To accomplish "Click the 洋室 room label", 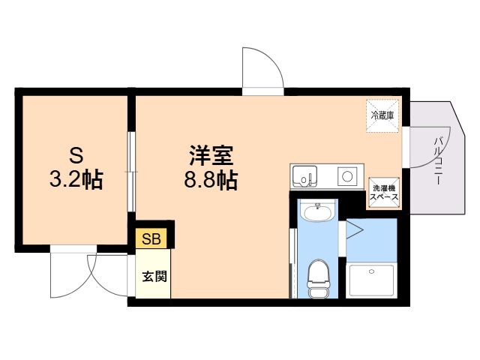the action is point(211,155).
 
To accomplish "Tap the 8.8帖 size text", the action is point(211,181).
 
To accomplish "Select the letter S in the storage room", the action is point(76,155).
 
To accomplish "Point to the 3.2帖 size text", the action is point(76,179).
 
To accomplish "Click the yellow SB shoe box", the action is point(151,238).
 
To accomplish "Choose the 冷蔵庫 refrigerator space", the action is point(382,115).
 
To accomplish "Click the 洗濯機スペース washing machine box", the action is point(384,193).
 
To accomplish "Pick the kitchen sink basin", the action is point(304,176).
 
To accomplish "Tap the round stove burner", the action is point(347,176).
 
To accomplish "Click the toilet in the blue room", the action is point(318,278).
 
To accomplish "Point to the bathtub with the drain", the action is point(372,280).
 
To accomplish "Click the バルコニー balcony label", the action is point(438,161).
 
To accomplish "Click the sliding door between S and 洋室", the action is point(131,172).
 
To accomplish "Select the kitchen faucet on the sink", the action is point(310,179).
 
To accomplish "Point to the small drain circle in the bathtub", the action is point(372,271).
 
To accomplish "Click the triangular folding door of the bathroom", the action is point(354,229).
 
